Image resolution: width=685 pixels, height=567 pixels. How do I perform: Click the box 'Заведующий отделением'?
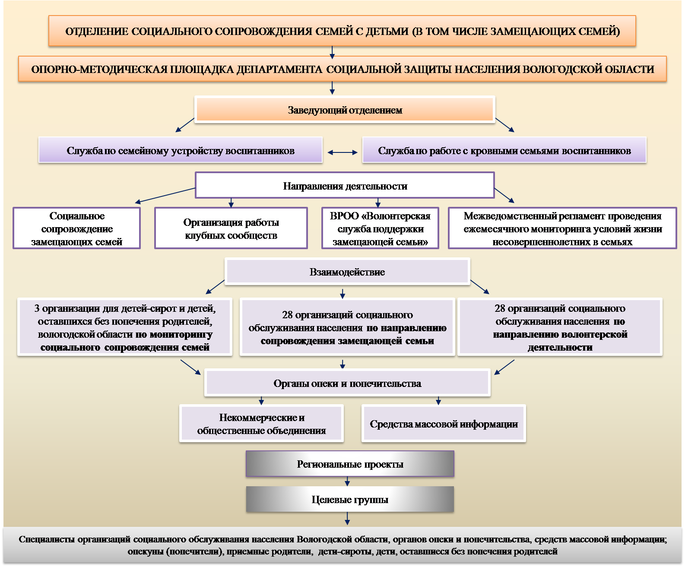click(x=345, y=110)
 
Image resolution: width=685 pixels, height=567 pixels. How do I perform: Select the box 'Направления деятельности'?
click(x=345, y=186)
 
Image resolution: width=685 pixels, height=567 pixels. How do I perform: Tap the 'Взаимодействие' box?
click(x=347, y=272)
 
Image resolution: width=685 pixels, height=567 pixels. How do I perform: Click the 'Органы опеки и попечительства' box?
click(x=347, y=383)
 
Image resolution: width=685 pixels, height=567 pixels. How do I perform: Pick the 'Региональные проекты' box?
click(x=350, y=464)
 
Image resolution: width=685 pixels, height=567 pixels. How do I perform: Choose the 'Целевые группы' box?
click(x=350, y=499)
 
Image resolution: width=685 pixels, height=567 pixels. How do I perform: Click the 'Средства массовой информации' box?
click(x=444, y=424)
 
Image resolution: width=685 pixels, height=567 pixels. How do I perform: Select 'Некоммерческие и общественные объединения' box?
click(x=261, y=424)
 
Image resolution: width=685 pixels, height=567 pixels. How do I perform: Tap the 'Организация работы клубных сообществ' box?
click(x=231, y=228)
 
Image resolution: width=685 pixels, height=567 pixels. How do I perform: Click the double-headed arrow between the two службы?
click(x=342, y=152)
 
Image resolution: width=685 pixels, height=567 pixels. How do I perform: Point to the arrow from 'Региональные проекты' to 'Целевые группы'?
click(x=348, y=481)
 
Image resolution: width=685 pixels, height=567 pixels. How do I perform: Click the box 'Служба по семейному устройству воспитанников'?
click(x=181, y=150)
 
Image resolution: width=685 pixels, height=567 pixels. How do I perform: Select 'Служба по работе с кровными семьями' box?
click(x=504, y=150)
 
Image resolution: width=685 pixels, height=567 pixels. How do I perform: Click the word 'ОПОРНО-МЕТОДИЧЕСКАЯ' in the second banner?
click(x=99, y=69)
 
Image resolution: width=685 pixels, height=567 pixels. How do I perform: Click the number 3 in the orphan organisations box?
click(x=37, y=308)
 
